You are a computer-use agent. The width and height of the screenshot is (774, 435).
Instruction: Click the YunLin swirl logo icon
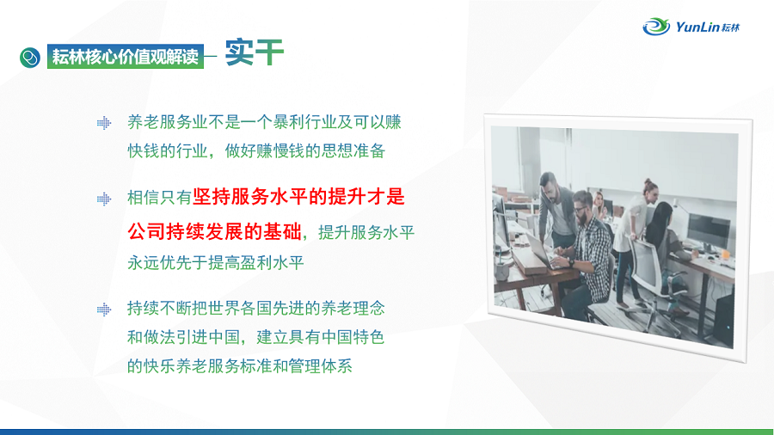coord(656,26)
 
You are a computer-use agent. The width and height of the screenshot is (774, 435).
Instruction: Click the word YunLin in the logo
coord(697,27)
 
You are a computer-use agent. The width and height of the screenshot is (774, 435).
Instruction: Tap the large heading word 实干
coord(255,52)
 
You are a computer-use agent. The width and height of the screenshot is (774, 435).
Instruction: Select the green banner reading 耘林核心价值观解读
coord(126,57)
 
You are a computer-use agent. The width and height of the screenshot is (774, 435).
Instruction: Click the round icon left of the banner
coord(30,58)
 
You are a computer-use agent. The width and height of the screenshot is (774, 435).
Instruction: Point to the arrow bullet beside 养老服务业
coord(104,123)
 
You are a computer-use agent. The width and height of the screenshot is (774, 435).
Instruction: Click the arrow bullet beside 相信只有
coord(104,199)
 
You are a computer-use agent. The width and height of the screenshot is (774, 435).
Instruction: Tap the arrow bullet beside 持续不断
coord(104,309)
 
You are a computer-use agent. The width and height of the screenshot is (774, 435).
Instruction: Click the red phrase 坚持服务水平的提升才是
coord(298,197)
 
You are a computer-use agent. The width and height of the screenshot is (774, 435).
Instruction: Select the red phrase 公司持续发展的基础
coord(214,231)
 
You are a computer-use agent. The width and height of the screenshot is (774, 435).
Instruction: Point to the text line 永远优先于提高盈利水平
coord(216,262)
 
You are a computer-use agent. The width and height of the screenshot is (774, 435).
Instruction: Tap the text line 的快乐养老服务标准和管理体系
coord(239,366)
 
